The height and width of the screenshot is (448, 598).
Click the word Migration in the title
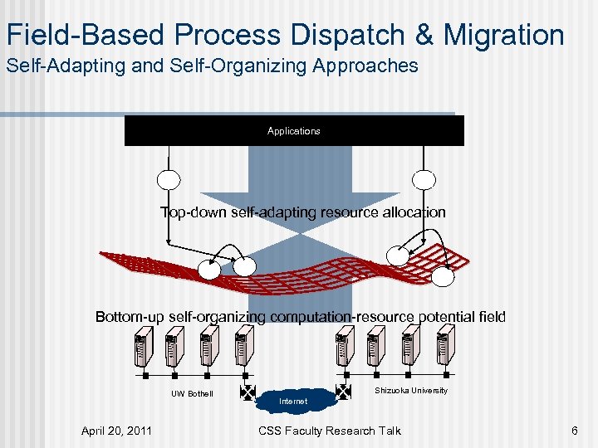pyautogui.click(x=503, y=35)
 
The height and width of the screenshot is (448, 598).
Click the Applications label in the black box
pyautogui.click(x=293, y=131)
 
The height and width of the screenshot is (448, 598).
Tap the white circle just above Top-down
pyautogui.click(x=168, y=180)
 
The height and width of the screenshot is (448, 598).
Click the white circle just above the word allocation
pyautogui.click(x=424, y=180)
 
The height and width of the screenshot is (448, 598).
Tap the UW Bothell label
pyautogui.click(x=192, y=393)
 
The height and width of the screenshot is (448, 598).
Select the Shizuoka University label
pyautogui.click(x=410, y=390)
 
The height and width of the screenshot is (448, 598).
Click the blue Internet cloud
pyautogui.click(x=293, y=400)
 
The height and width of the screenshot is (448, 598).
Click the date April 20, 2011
pyautogui.click(x=116, y=430)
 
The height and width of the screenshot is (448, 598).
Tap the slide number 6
pyautogui.click(x=574, y=430)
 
